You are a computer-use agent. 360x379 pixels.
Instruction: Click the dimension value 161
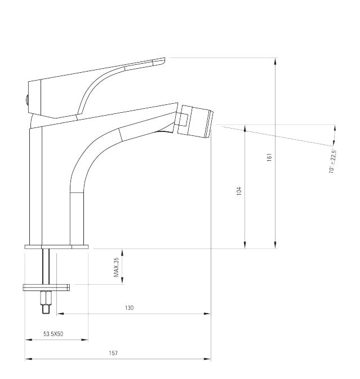pyautogui.click(x=270, y=157)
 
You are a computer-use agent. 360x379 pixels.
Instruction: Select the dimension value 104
pyautogui.click(x=239, y=191)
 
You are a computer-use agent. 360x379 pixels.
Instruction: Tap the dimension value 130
pyautogui.click(x=129, y=308)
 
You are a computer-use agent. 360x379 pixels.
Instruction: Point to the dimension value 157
pyautogui.click(x=113, y=353)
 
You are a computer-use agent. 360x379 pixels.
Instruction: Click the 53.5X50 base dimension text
pyautogui.click(x=53, y=334)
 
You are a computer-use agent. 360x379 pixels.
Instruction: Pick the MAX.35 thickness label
pyautogui.click(x=116, y=267)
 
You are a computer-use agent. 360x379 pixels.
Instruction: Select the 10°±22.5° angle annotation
pyautogui.click(x=332, y=161)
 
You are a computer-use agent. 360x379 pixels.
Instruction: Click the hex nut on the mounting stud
pyautogui.click(x=46, y=298)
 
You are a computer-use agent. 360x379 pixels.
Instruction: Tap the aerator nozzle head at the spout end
pyautogui.click(x=195, y=122)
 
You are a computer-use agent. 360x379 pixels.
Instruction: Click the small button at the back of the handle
pyautogui.click(x=27, y=99)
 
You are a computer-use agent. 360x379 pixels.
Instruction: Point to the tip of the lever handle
pyautogui.click(x=165, y=59)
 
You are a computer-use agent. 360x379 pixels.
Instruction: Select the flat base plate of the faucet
pyautogui.click(x=56, y=247)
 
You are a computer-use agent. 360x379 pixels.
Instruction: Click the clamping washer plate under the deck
pyautogui.click(x=46, y=288)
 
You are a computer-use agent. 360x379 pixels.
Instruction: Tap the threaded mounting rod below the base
pyautogui.click(x=46, y=266)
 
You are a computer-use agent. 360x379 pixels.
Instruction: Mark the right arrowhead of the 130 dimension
pyautogui.click(x=207, y=314)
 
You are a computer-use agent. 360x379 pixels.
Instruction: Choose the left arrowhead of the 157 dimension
pyautogui.click(x=28, y=359)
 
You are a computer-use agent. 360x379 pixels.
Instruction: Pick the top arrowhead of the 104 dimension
pyautogui.click(x=245, y=128)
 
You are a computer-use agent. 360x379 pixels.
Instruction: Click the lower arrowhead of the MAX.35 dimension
pyautogui.click(x=122, y=281)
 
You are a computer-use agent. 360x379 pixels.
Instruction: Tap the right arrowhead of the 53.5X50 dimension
pyautogui.click(x=85, y=340)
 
